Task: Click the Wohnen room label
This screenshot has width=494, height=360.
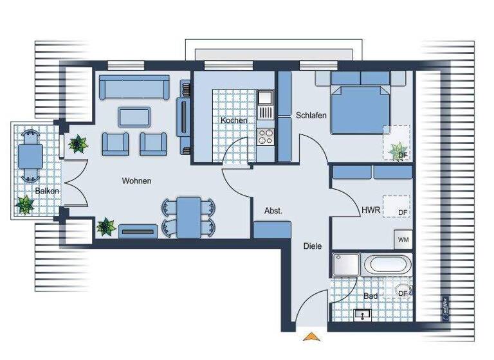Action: pyautogui.click(x=136, y=181)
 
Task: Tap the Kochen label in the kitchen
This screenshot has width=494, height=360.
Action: pyautogui.click(x=233, y=121)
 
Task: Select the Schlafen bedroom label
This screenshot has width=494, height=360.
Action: pyautogui.click(x=311, y=116)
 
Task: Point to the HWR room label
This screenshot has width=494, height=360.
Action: pyautogui.click(x=370, y=210)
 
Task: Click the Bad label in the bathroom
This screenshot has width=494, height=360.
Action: pyautogui.click(x=370, y=296)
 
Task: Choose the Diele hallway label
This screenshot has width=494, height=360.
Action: pyautogui.click(x=313, y=245)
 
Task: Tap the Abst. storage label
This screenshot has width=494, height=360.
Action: pyautogui.click(x=273, y=210)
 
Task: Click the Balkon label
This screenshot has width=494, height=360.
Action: pyautogui.click(x=48, y=191)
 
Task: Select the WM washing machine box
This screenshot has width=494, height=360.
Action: pyautogui.click(x=403, y=240)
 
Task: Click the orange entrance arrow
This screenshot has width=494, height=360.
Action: pyautogui.click(x=311, y=336)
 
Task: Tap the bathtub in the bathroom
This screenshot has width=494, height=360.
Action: pyautogui.click(x=385, y=265)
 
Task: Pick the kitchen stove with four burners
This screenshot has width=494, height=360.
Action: pyautogui.click(x=265, y=136)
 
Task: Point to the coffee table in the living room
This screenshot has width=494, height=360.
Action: pyautogui.click(x=134, y=116)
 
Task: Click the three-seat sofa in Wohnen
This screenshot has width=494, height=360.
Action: pyautogui.click(x=134, y=86)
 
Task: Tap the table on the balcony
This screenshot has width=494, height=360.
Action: pyautogui.click(x=30, y=156)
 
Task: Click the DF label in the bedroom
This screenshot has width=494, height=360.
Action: pyautogui.click(x=402, y=156)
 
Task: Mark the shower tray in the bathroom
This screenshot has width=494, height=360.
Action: pyautogui.click(x=346, y=264)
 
